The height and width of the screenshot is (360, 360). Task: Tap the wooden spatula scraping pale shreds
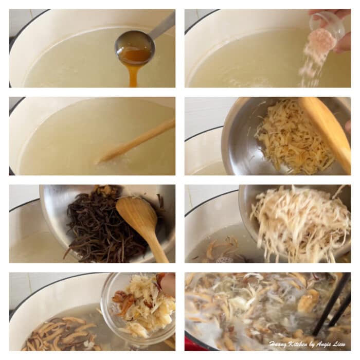click(x=326, y=129)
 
